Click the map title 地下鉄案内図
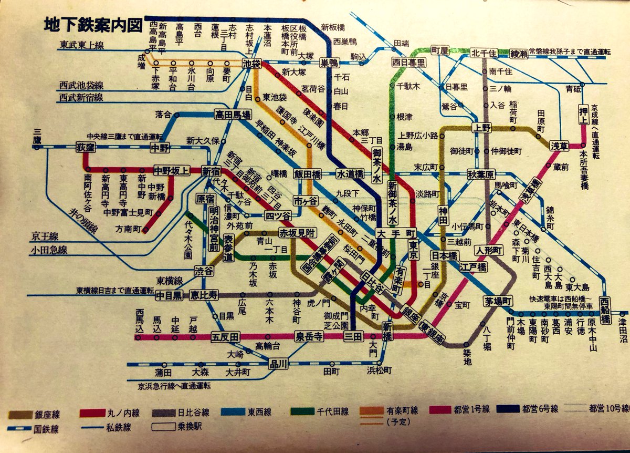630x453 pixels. coord(92,25)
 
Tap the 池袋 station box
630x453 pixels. coord(252,64)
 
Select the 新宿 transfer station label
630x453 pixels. coord(212,171)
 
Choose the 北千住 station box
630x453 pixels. coord(482,52)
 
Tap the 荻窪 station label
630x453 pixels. coord(85,147)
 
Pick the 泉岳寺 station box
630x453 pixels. coord(309,336)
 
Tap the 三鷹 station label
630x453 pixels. coord(37,138)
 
